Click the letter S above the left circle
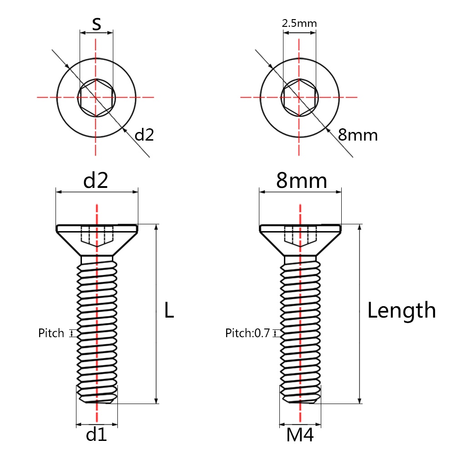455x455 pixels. pos(96,24)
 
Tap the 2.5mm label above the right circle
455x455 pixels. pos(299,23)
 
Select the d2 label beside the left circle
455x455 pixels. pos(144,134)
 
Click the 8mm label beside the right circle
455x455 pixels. pos(358,135)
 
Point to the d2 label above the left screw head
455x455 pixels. pos(96,180)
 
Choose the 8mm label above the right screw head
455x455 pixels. pos(302,180)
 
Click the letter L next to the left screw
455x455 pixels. pos(169,310)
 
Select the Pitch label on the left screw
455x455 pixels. pos(51,333)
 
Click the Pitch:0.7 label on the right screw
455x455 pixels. pos(248,333)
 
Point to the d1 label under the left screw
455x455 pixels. pos(96,435)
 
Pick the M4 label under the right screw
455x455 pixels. pos(300,435)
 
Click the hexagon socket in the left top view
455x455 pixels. pos(96,97)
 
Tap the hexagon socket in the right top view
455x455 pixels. pos(300,97)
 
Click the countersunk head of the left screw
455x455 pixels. pos(97,240)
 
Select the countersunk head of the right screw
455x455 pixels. pos(300,240)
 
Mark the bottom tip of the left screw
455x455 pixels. pos(97,403)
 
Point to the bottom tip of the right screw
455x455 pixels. pos(300,403)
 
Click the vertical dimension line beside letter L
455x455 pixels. pos(157,313)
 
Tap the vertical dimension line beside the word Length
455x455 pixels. pos(360,313)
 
